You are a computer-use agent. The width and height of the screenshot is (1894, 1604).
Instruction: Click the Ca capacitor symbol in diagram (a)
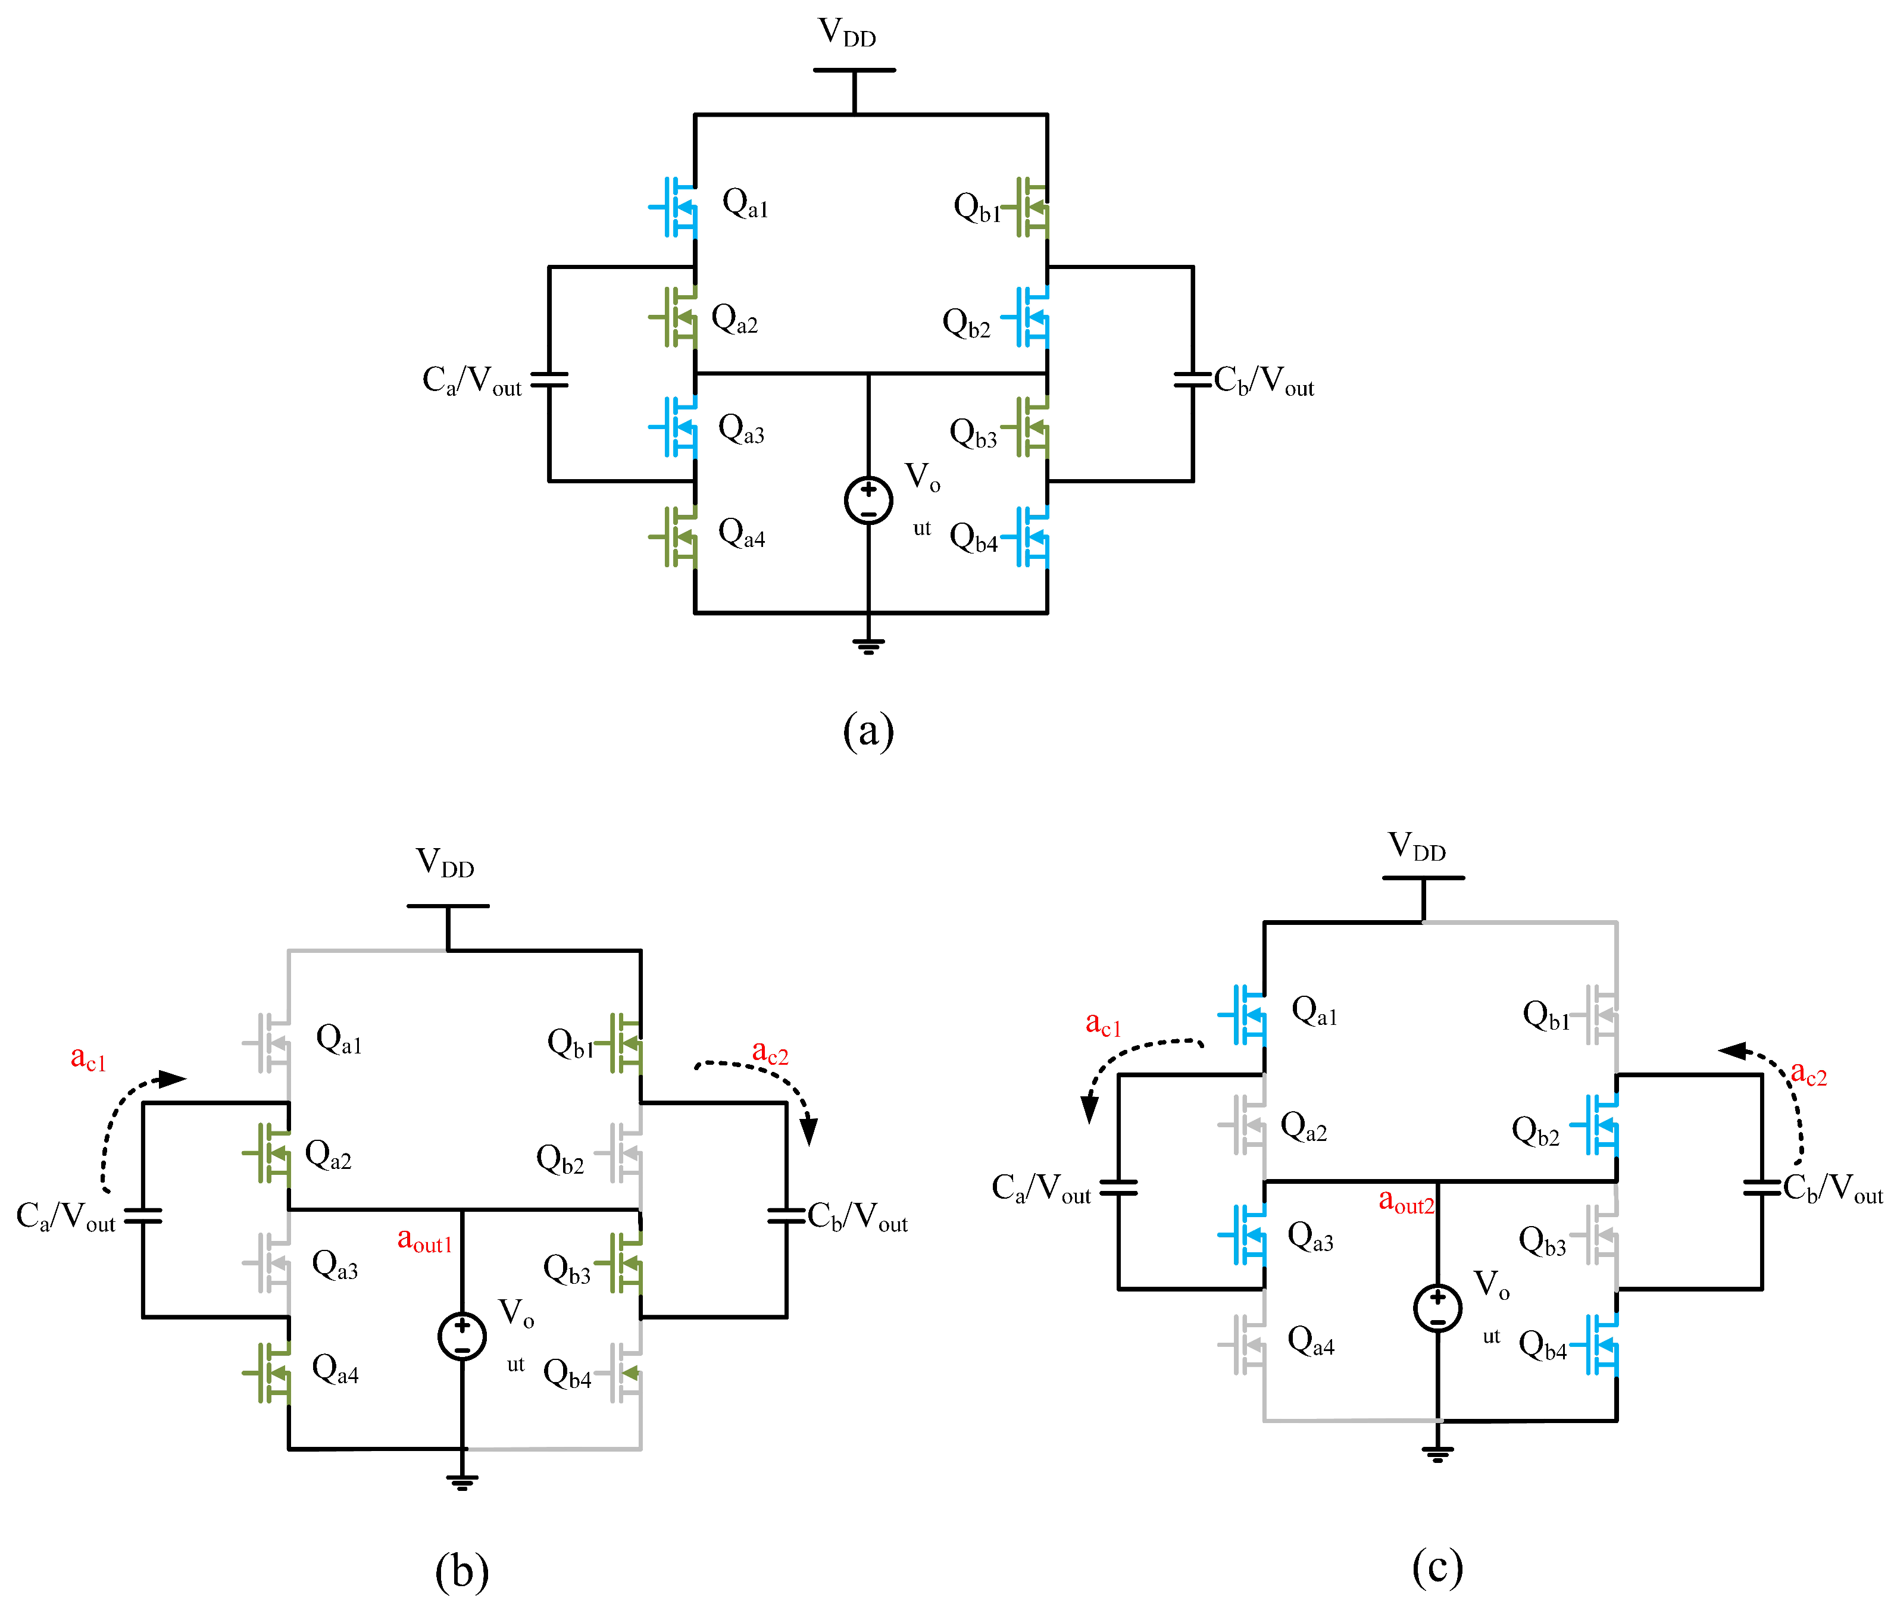click(x=549, y=379)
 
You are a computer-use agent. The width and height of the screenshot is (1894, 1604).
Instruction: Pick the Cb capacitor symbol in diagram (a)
click(x=1192, y=379)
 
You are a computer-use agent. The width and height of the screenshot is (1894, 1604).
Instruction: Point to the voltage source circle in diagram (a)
click(x=868, y=500)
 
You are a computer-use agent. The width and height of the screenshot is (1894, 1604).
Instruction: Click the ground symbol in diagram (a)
click(x=868, y=646)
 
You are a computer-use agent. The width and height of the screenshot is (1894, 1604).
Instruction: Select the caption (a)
click(x=868, y=730)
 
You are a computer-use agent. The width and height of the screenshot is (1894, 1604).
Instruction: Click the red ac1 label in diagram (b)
click(x=88, y=1058)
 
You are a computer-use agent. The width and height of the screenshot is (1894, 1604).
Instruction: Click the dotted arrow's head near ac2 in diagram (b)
click(x=808, y=1131)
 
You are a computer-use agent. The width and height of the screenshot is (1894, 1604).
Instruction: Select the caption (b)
click(x=462, y=1570)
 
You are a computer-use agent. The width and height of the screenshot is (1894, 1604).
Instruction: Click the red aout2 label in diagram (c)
click(x=1406, y=1202)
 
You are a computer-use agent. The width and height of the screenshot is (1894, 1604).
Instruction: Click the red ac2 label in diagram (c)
click(x=1808, y=1074)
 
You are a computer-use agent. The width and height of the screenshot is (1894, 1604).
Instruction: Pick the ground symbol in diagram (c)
click(x=1437, y=1453)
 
